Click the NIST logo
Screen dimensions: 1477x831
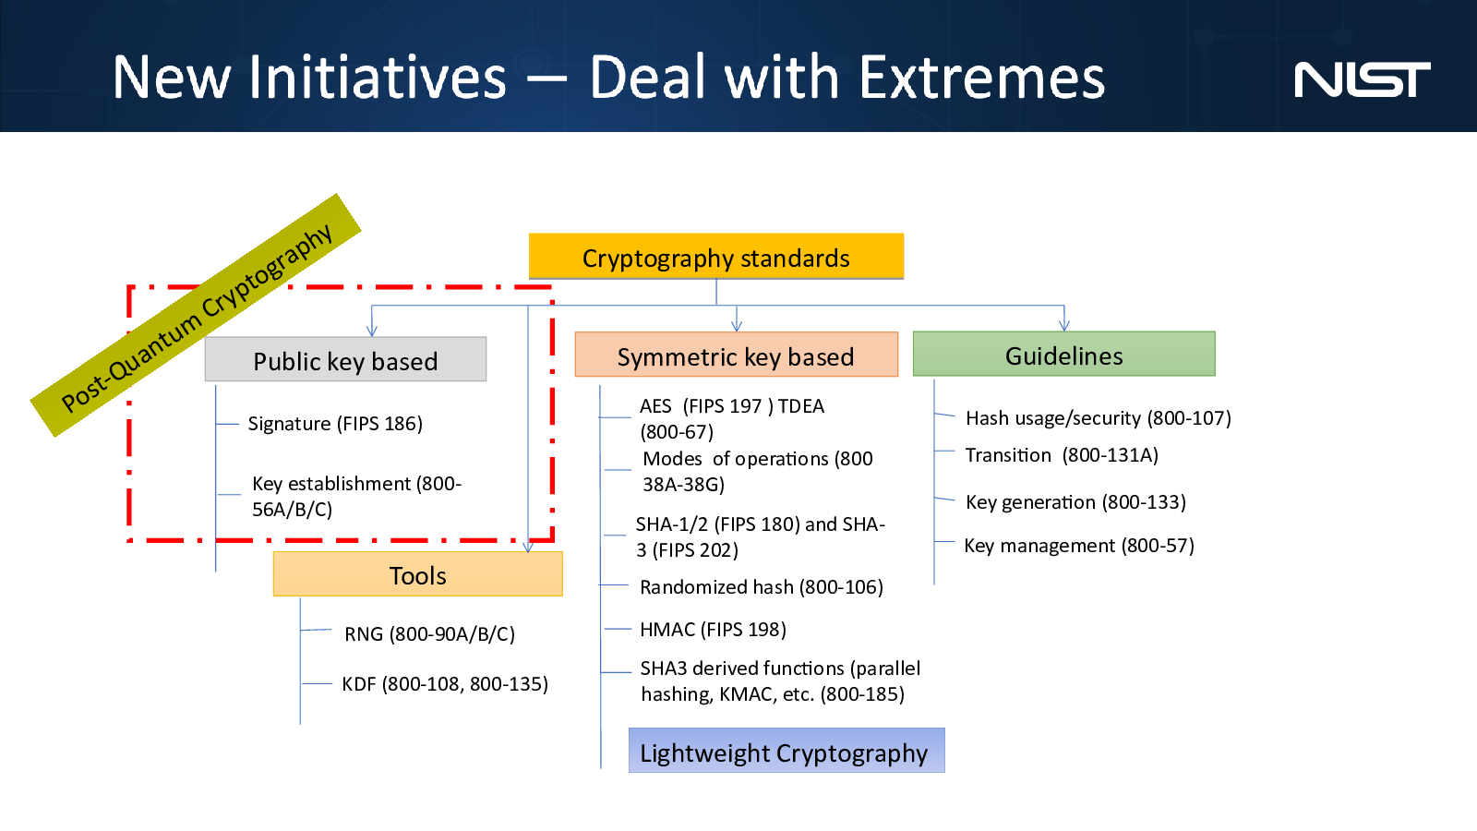(1363, 79)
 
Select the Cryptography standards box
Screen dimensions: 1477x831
(716, 257)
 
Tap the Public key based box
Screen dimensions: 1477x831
(345, 359)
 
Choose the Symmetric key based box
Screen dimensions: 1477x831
(737, 355)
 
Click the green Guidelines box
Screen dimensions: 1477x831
(1064, 355)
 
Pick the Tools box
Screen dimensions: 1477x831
(418, 574)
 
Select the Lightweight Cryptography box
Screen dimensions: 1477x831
(787, 751)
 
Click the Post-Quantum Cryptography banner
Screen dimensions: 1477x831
(196, 315)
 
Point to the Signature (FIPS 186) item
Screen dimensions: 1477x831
(335, 424)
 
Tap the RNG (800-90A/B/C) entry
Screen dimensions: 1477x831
(429, 633)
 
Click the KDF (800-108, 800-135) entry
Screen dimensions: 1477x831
(445, 684)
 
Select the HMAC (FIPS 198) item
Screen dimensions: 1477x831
(713, 629)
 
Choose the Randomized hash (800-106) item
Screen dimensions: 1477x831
(762, 587)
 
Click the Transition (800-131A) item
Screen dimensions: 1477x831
(1062, 455)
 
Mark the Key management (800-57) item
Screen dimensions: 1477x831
(1079, 546)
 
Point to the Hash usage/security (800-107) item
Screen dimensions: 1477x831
(1099, 418)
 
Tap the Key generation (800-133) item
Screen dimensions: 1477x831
(1076, 502)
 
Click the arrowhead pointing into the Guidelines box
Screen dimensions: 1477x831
(1064, 325)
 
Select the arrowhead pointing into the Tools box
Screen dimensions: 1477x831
(527, 547)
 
